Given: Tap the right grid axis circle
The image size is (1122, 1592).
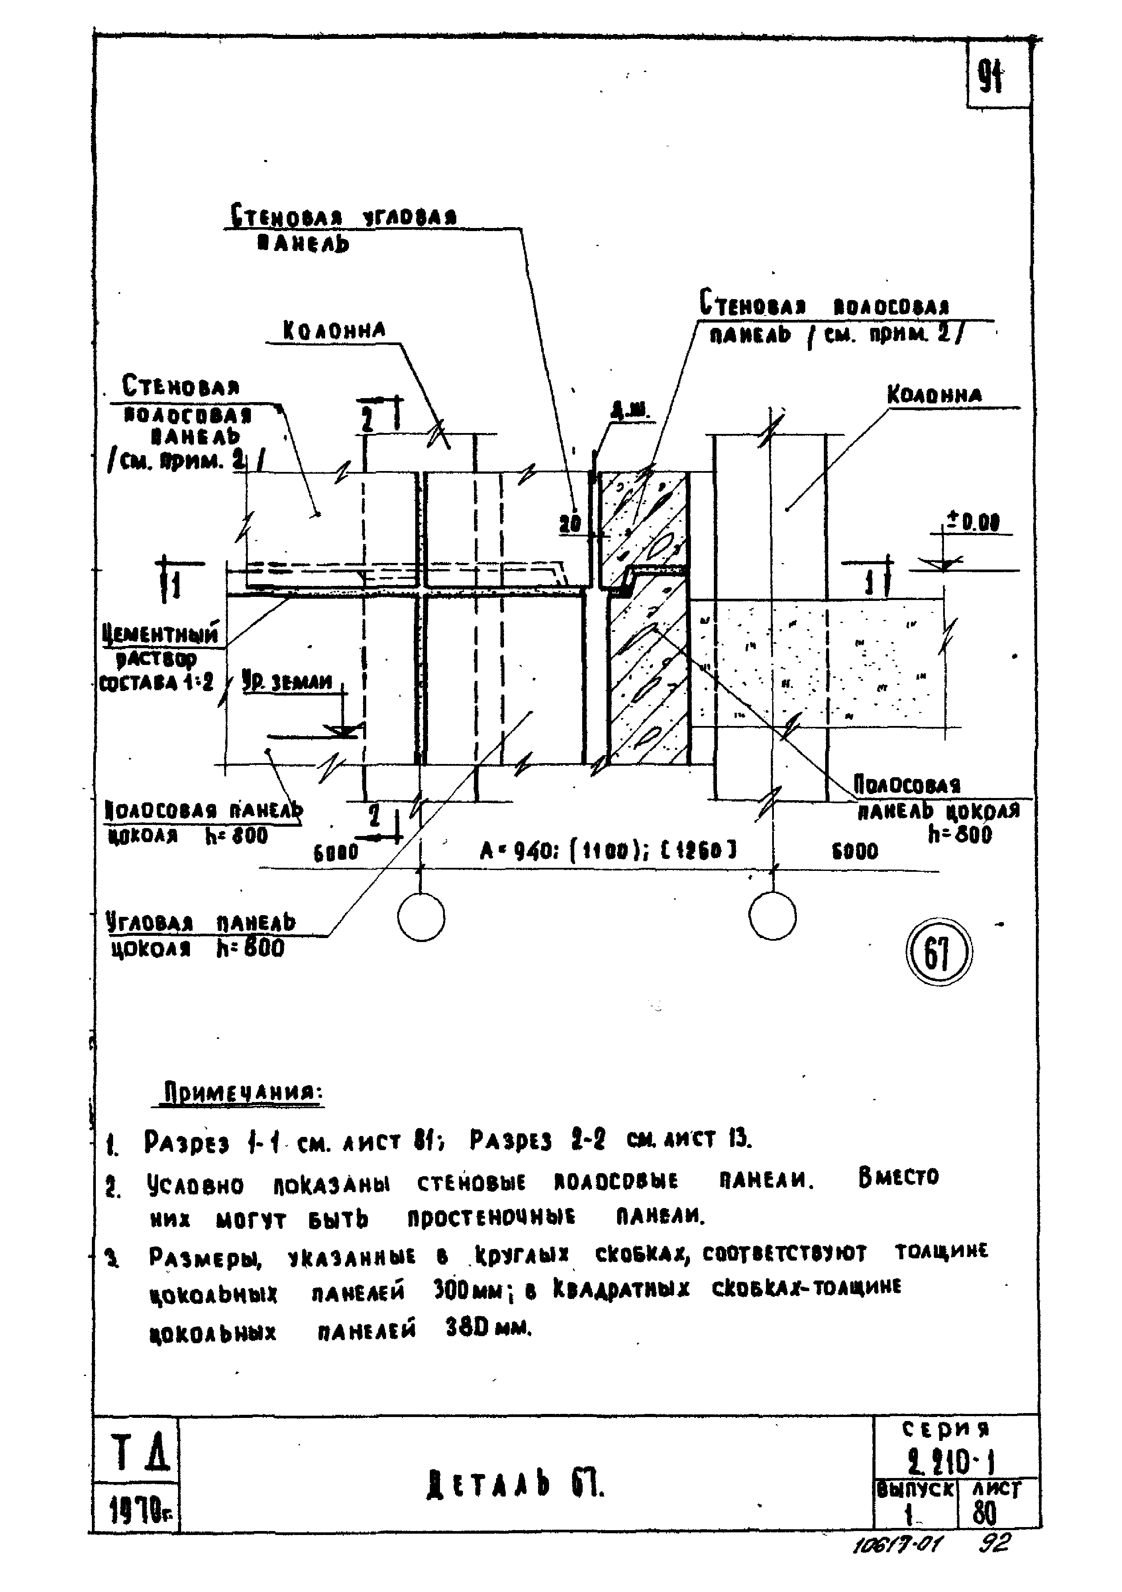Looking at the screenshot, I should [x=772, y=917].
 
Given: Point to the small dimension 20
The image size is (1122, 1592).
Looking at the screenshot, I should [x=570, y=524].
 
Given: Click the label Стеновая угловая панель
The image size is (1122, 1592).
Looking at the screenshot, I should [x=343, y=229].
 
